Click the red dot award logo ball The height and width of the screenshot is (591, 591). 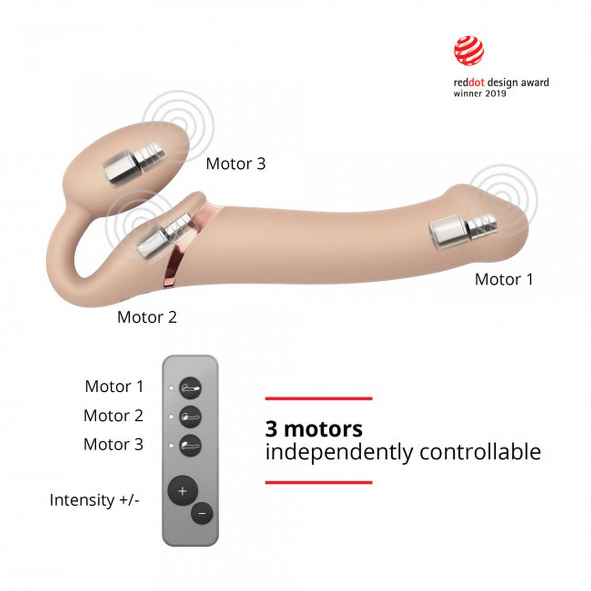point(469,51)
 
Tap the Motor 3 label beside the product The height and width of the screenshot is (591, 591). point(235,163)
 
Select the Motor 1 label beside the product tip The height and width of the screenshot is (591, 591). point(504,279)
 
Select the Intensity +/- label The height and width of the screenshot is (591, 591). point(94,500)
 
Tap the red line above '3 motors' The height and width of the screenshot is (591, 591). point(319,399)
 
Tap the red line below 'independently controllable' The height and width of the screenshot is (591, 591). point(319,482)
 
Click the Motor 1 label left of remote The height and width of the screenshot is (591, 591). point(114,386)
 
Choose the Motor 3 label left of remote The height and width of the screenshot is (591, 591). point(114,444)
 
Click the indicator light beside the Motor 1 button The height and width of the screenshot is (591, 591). point(171,388)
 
